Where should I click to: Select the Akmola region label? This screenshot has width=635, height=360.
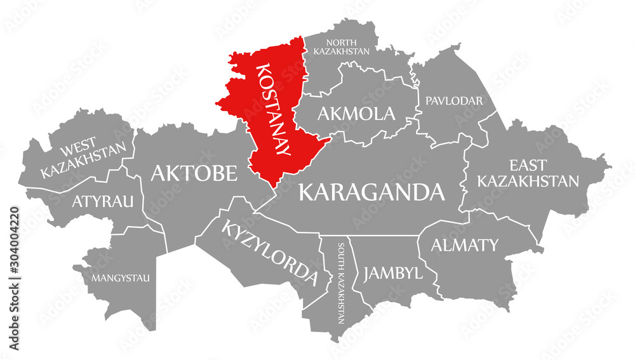point(356,114)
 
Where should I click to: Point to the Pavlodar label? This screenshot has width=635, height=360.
point(455,101)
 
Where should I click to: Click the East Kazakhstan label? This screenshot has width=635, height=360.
point(528,173)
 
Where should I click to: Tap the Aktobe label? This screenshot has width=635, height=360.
point(194,173)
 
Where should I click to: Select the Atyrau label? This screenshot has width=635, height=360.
point(103,202)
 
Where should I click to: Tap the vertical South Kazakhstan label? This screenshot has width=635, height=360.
point(342,283)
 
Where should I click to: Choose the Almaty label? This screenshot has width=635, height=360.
point(465,244)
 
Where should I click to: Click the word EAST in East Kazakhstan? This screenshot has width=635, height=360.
point(528,166)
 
